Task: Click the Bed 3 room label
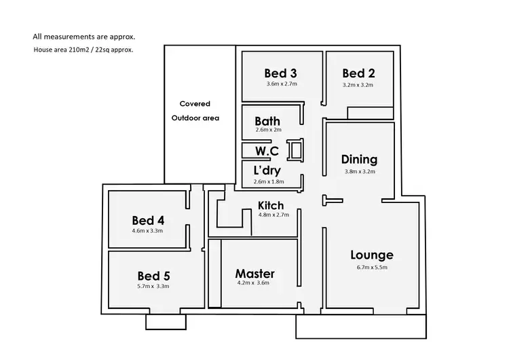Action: coord(280,73)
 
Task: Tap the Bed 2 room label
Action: coord(358,73)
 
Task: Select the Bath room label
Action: coord(267,122)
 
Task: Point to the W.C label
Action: coord(267,150)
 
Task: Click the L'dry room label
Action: coord(267,170)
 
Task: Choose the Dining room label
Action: coord(359,160)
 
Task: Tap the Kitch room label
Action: coord(271,205)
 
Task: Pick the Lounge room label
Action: coord(372,255)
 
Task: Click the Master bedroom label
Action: coord(255,273)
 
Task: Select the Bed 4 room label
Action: coord(149,220)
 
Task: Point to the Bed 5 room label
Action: coord(153,276)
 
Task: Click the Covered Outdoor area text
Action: coord(195,111)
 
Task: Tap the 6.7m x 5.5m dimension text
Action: coord(372,267)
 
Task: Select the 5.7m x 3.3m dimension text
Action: coord(153,287)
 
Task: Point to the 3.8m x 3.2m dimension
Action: coord(359,171)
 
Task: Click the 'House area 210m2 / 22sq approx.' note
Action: coord(83,50)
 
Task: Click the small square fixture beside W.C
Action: coord(296,149)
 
